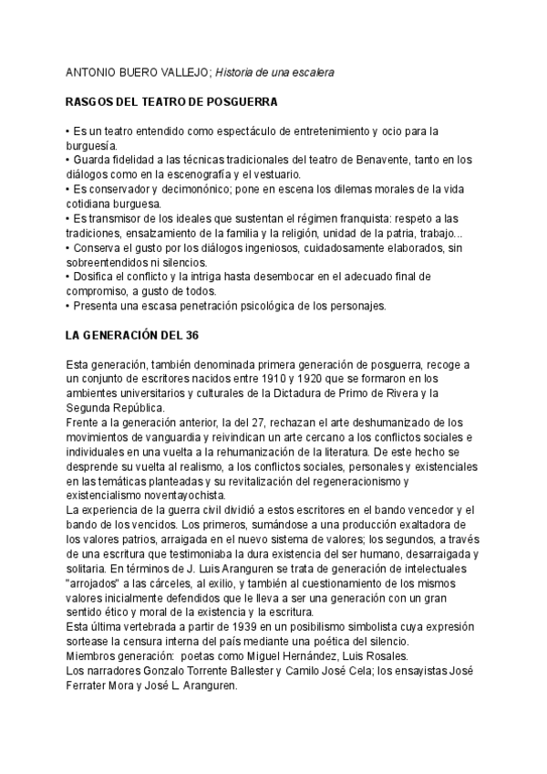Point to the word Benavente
click(x=384, y=160)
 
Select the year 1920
click(x=330, y=379)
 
